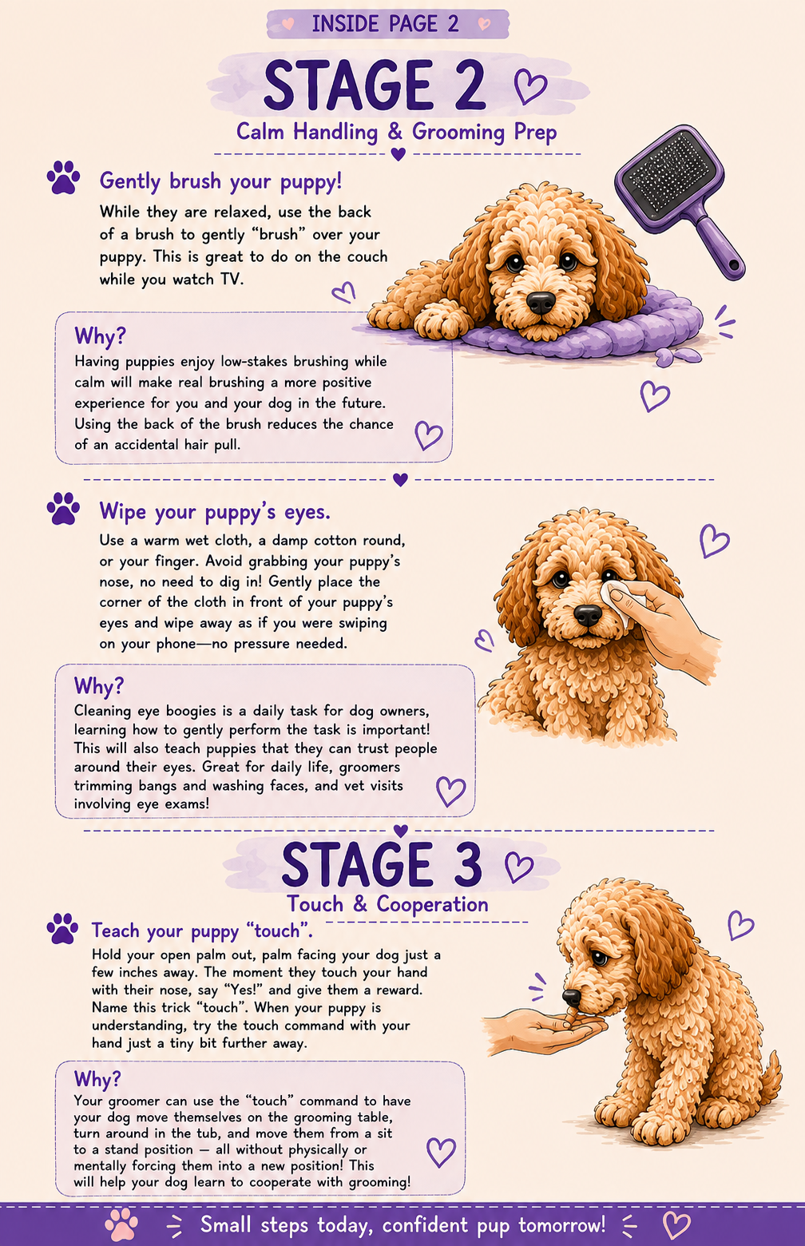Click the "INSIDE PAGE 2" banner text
coord(385,24)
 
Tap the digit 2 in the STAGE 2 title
coord(465,85)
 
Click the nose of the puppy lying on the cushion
coord(540,302)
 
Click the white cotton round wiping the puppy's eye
coord(617,601)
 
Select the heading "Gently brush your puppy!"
coord(220,182)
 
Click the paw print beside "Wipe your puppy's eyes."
coord(63,509)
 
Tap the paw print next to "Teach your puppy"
coord(63,928)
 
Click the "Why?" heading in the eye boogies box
coord(98,686)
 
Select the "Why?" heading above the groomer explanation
coord(97,1078)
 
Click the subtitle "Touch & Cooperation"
coord(387,904)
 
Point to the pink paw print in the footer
coord(121,1224)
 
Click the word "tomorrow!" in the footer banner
coord(561,1224)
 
